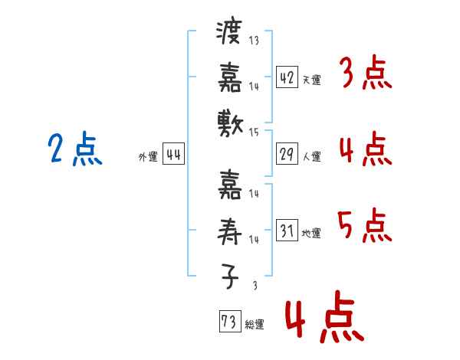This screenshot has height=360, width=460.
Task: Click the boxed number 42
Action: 287,77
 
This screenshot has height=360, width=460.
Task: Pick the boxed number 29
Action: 287,154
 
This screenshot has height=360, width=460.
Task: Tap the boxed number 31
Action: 287,231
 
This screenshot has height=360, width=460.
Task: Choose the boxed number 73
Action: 229,322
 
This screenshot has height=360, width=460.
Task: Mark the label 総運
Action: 255,325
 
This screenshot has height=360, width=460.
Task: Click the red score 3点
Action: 364,74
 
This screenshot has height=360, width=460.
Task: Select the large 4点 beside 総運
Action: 324,320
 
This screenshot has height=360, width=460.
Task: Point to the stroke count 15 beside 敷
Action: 253,132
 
